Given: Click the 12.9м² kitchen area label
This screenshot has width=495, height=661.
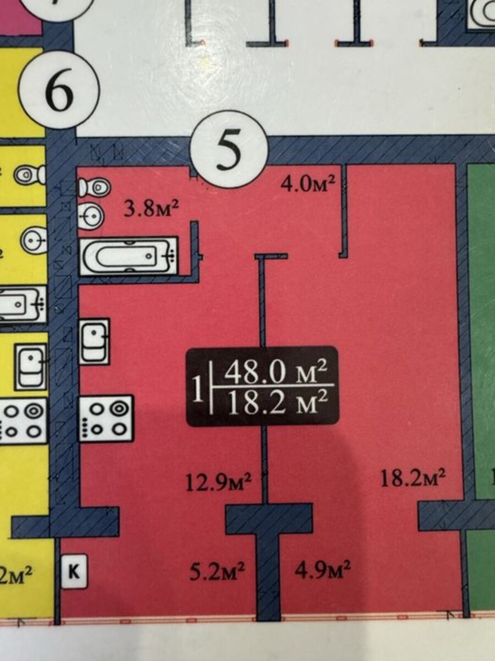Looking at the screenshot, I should [x=219, y=483].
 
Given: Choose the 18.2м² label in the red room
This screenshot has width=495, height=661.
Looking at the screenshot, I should [x=412, y=479].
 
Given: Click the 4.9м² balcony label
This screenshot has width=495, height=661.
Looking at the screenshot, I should [x=323, y=571].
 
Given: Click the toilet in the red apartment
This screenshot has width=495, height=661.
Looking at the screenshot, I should [x=95, y=187].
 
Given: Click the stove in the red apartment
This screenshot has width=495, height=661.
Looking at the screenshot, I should [x=107, y=419].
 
